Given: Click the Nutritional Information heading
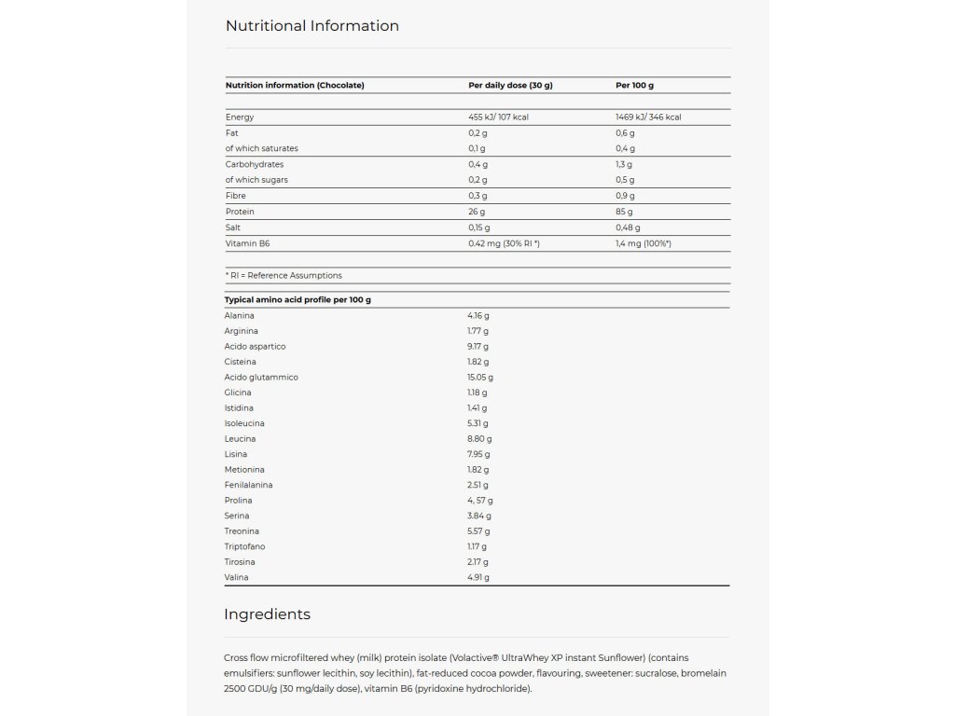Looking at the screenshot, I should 312,26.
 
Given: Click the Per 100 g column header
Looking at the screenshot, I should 634,86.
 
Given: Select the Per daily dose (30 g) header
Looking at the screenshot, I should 510,86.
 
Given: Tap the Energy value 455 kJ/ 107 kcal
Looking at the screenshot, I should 499,117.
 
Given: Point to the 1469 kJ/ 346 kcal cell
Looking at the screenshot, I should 648,117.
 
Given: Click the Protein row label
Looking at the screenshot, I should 240,212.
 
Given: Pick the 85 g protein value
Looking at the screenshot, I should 626,212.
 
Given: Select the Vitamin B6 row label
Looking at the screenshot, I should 247,243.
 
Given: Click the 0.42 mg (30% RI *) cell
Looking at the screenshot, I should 504,243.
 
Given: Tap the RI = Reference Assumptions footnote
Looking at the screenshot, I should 284,276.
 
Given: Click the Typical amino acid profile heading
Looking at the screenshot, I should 298,300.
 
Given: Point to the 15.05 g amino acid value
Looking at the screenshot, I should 480,378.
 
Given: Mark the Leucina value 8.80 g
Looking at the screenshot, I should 479,439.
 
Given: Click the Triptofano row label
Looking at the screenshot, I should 243,546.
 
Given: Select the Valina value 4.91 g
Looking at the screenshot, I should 478,578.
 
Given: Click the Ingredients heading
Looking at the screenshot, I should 267,614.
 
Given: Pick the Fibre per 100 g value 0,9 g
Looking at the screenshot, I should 625,196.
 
